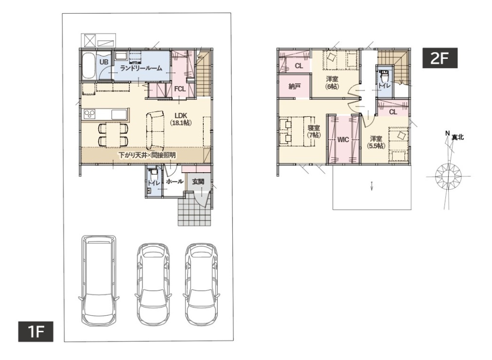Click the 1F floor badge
[x=35, y=331]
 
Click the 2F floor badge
[x=439, y=58]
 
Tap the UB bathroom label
[x=104, y=62]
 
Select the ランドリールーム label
[x=141, y=68]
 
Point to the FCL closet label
[x=180, y=89]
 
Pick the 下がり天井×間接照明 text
[x=147, y=155]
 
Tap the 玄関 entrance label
[x=198, y=181]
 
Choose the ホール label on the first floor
[x=175, y=181]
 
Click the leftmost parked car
[x=99, y=280]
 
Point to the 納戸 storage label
[x=294, y=86]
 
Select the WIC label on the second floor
[x=343, y=140]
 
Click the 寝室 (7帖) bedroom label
[x=314, y=131]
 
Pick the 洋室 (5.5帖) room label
[x=376, y=142]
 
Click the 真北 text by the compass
[x=458, y=137]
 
